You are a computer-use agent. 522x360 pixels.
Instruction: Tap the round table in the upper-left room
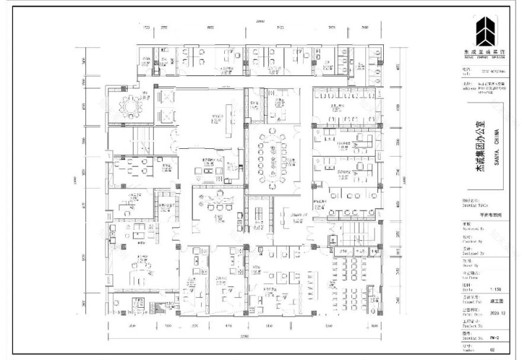(x=129, y=107)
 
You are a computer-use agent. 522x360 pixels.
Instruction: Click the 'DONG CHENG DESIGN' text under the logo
(x=485, y=57)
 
